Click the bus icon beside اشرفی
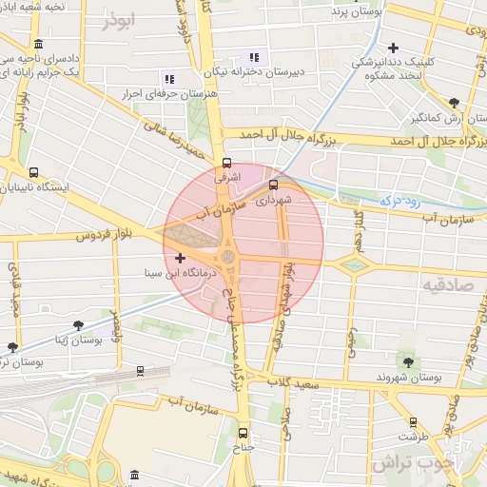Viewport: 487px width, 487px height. point(226,162)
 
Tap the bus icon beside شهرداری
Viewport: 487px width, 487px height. point(274,185)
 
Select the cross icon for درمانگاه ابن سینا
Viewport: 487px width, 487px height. point(181,258)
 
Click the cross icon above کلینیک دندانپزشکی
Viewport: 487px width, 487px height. point(392,47)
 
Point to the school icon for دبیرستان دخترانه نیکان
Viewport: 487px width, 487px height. point(253,57)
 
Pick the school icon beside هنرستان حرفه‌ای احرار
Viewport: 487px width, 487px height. point(169,79)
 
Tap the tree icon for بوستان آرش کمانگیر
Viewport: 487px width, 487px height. point(455,104)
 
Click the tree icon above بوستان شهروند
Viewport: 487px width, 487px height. point(409,362)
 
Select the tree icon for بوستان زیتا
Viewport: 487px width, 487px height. point(11,347)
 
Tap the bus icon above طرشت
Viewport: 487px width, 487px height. point(413,421)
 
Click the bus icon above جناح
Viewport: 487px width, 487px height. point(242,431)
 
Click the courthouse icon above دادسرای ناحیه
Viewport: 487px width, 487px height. point(37,45)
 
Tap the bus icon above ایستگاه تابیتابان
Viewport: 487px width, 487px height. point(34,173)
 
